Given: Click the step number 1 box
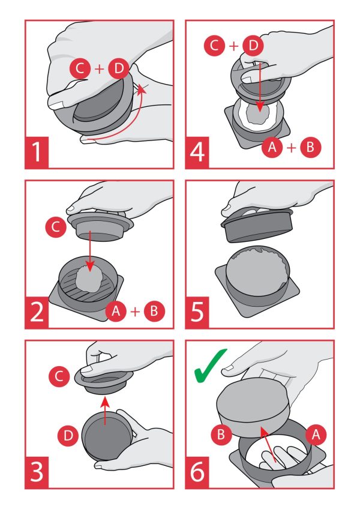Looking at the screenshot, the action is coord(37,152).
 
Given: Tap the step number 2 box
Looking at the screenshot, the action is coord(37,313).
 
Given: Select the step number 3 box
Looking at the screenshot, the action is coord(37,472).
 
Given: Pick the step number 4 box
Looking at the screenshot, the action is coord(197,152).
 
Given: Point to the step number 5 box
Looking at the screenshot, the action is coord(197,313).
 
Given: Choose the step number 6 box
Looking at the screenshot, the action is coord(197,472).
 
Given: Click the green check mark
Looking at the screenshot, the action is coord(210,366).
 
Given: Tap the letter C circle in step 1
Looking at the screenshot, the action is coord(80,68).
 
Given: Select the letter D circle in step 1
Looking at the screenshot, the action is coord(119,68).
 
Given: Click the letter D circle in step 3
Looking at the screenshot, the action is coord(68,435).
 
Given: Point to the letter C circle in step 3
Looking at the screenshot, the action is coord(59,376).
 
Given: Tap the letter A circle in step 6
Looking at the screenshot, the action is coord(316,434).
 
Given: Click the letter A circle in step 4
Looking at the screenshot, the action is coord(272,148).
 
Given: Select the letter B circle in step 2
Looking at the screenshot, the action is coord(155,311).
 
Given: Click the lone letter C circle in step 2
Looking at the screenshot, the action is coord(56,226).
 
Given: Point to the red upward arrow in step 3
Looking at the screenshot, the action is coord(104,411).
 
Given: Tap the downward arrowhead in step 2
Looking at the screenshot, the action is coord(90,265).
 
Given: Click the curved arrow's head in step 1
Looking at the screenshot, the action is coord(140,89).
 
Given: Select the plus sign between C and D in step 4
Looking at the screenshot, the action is coord(234,46).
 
